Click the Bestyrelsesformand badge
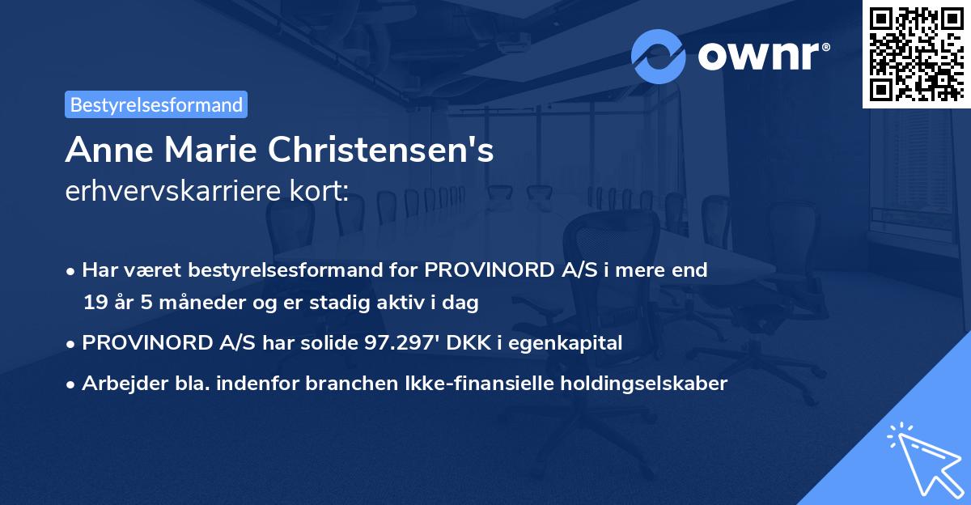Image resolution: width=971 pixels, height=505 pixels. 156,104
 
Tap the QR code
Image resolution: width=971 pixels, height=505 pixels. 916,53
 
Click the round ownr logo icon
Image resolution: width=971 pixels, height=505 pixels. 659,56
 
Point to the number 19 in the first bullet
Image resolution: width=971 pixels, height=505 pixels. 94,303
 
